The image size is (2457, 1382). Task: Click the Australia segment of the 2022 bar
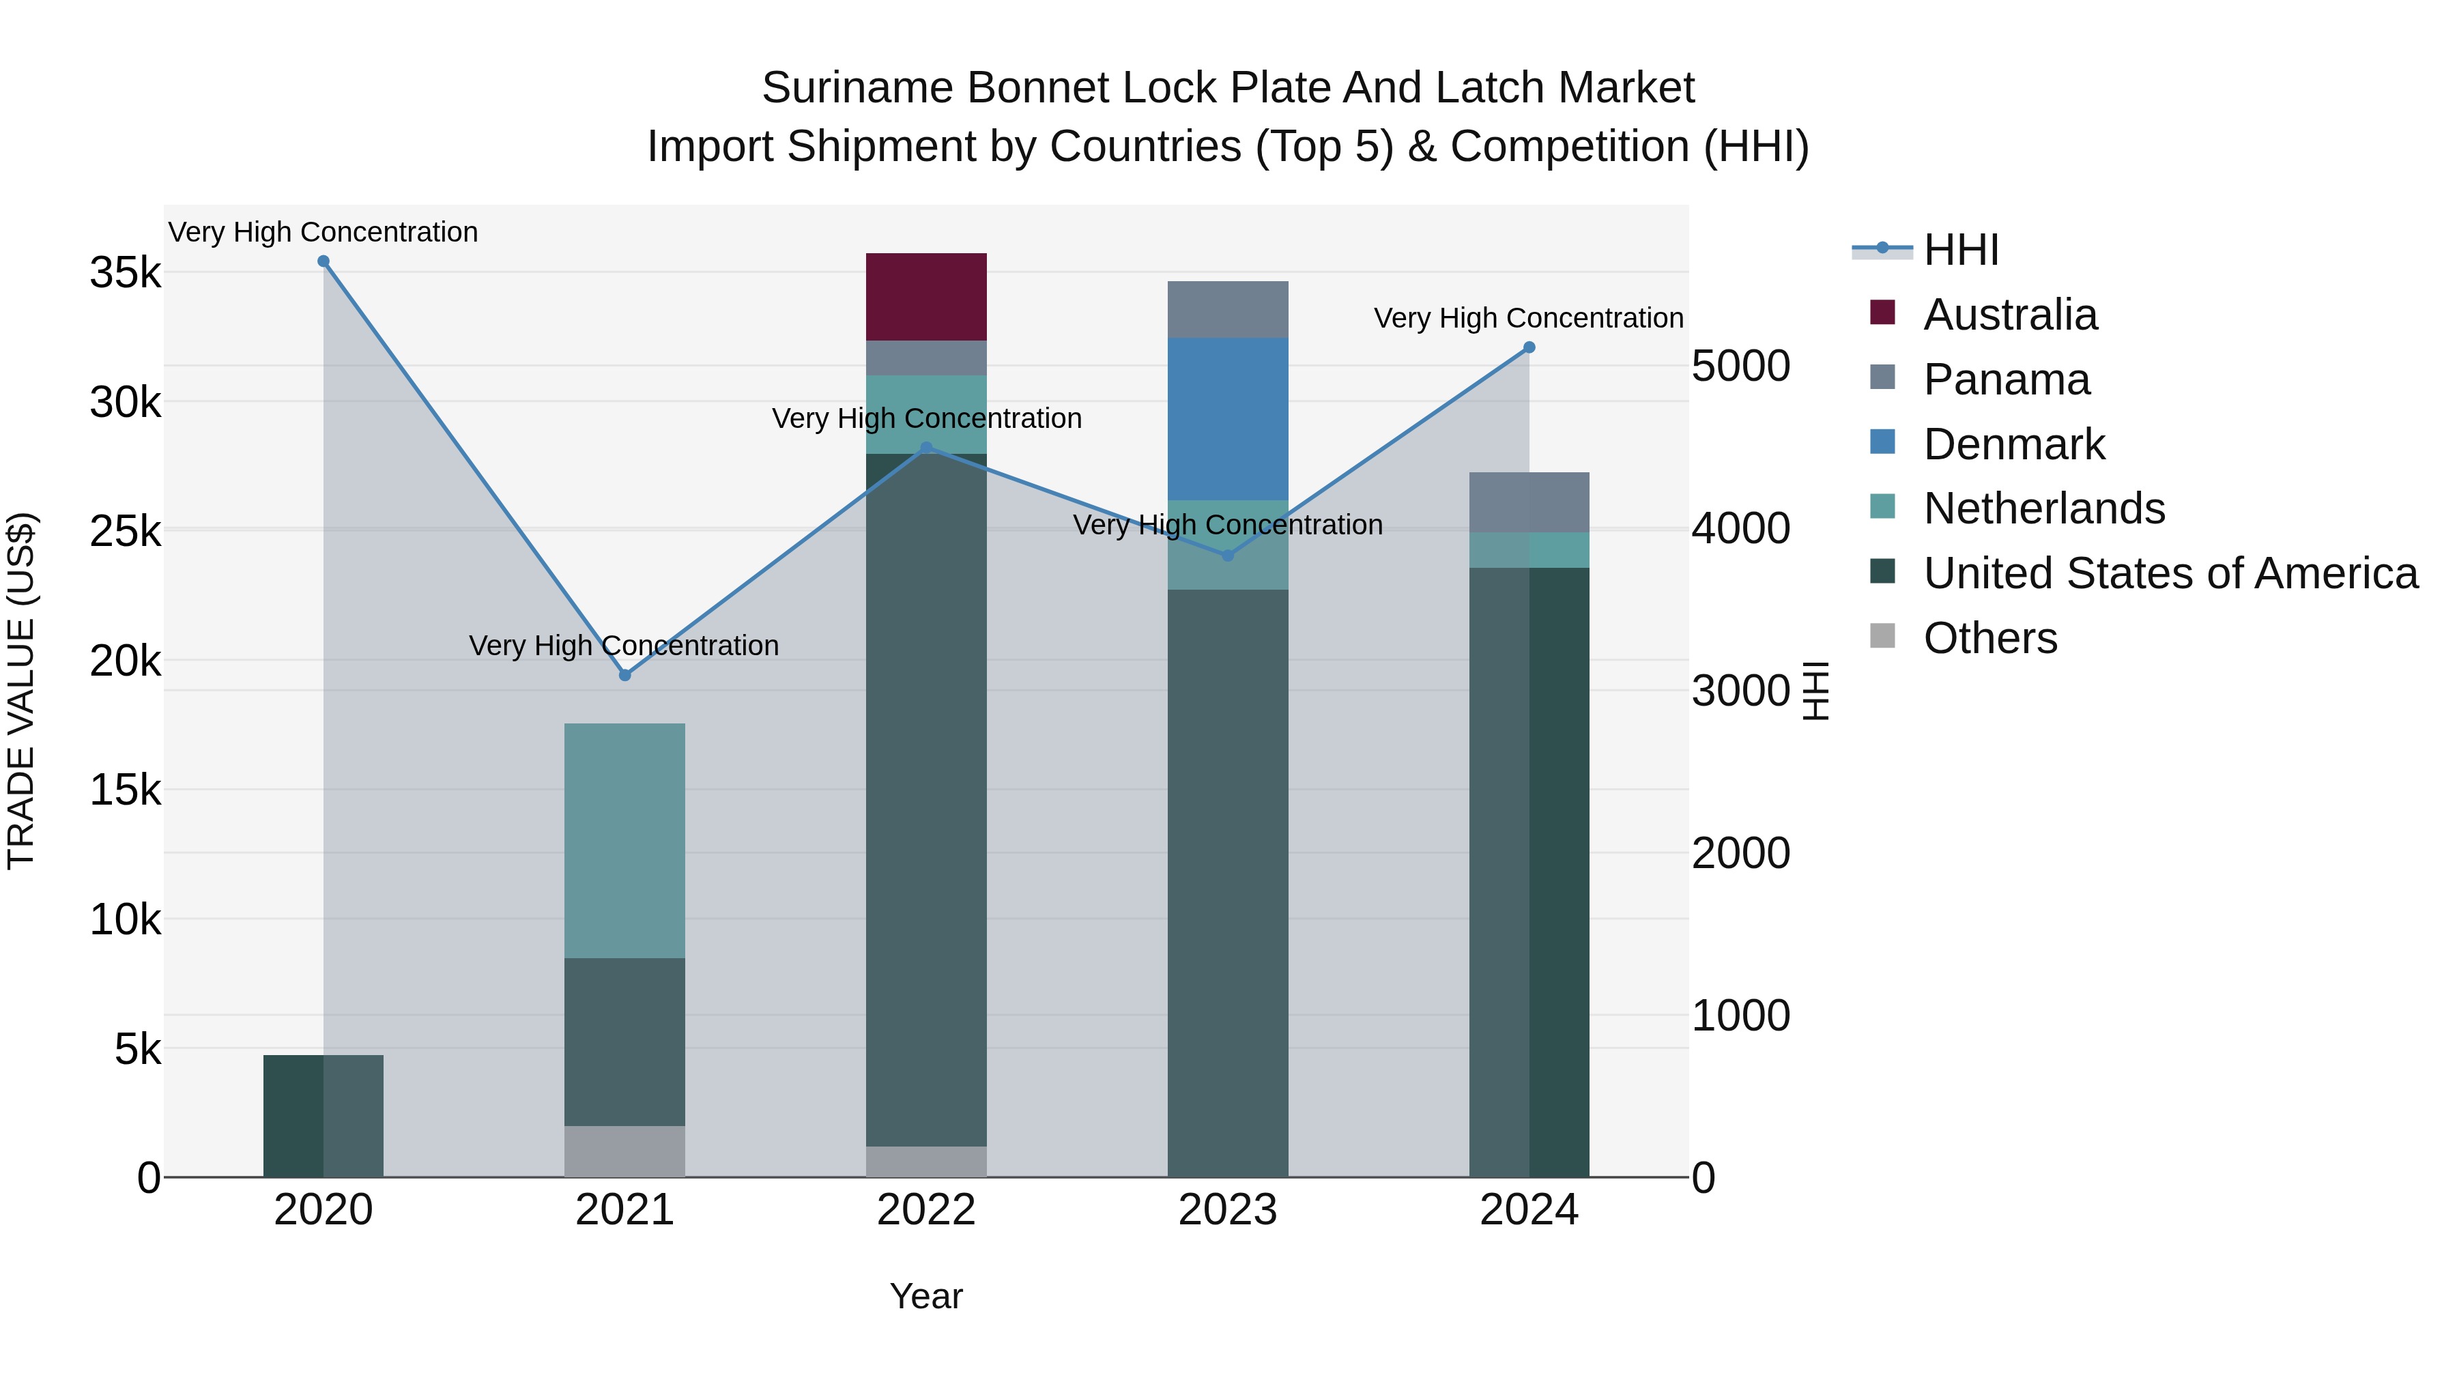(x=925, y=297)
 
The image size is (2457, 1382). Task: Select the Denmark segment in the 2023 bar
(x=1228, y=419)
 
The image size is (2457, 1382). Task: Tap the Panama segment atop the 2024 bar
(x=1528, y=502)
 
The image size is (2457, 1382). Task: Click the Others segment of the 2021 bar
(x=624, y=1151)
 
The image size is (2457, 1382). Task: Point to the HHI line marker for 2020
(x=324, y=261)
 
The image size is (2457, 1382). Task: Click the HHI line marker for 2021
(x=624, y=675)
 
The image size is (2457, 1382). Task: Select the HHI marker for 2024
(x=1529, y=347)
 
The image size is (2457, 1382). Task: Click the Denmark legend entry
(x=2013, y=444)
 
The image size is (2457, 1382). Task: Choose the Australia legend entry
(x=2010, y=315)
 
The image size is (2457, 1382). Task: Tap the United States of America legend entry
(x=2170, y=573)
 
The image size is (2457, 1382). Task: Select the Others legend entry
(x=1989, y=638)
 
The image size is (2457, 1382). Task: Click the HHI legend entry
(x=1960, y=250)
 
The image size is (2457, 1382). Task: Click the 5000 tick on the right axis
(x=1740, y=366)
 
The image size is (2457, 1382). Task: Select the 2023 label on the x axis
(x=1228, y=1210)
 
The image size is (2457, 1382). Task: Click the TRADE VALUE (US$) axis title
(x=21, y=691)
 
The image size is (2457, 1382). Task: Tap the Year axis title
(x=926, y=1296)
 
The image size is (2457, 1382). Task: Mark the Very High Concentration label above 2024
(x=1528, y=319)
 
